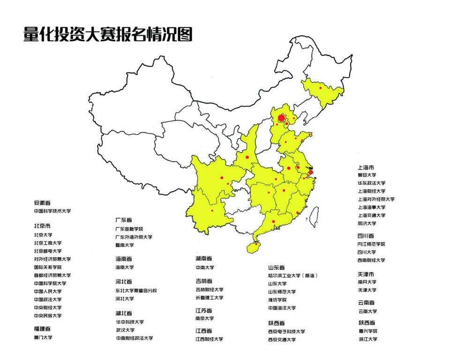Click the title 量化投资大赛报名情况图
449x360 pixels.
[108, 35]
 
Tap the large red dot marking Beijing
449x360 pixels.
[281, 118]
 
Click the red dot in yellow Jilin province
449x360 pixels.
[321, 88]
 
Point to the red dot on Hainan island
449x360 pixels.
[256, 244]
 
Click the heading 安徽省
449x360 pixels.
[43, 203]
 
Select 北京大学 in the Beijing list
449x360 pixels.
[43, 235]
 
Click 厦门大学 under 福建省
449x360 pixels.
[43, 337]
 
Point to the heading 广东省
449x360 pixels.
[124, 219]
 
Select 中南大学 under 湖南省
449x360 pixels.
[205, 267]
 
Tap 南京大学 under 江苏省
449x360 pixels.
[205, 318]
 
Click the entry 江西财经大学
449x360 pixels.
[209, 339]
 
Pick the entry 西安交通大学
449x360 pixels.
[282, 339]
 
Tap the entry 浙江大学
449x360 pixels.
[367, 339]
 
